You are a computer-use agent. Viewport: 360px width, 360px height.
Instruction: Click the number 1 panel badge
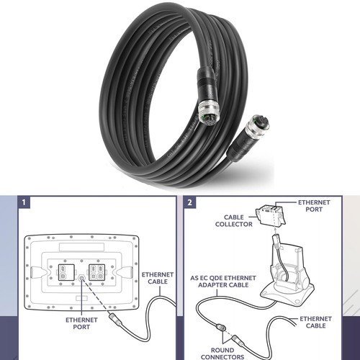pos(24,202)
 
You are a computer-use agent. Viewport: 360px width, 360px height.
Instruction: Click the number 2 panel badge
pos(189,202)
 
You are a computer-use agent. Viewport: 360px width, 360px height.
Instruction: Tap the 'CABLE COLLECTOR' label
pos(234,220)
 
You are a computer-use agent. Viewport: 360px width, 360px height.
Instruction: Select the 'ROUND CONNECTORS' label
pos(222,354)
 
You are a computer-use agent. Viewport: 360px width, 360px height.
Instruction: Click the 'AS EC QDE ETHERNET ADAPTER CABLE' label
pos(223,282)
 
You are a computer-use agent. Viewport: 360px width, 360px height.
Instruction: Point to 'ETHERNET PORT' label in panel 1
pos(81,323)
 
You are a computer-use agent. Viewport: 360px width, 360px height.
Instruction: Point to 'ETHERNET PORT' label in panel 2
pos(314,206)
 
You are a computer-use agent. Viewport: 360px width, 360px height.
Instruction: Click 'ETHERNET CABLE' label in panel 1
pos(158,278)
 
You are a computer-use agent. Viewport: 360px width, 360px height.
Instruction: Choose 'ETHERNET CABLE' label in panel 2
pos(315,322)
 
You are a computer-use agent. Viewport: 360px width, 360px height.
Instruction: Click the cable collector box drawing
pos(271,215)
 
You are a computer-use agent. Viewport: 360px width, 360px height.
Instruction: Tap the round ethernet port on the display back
pos(81,278)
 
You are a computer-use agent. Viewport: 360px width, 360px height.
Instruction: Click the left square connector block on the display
pos(66,272)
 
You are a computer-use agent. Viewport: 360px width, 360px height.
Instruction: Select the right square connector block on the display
pos(97,272)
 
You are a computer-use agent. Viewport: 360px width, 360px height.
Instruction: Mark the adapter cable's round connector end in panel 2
pos(220,328)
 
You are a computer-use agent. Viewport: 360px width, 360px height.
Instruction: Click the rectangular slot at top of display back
pos(81,247)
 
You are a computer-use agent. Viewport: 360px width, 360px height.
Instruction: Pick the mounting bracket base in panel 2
pos(287,294)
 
